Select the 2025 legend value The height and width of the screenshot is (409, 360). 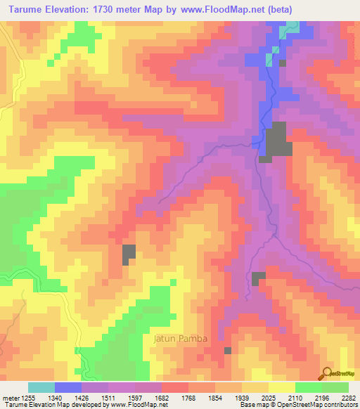(256, 398)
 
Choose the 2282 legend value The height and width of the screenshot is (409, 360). (349, 398)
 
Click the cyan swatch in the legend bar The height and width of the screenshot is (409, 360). (41, 387)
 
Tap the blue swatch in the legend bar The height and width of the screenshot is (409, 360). (68, 387)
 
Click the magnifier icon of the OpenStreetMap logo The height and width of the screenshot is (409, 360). (326, 372)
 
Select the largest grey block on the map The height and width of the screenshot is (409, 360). (276, 139)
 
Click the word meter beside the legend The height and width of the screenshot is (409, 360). (9, 398)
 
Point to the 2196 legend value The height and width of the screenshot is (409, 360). (318, 398)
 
